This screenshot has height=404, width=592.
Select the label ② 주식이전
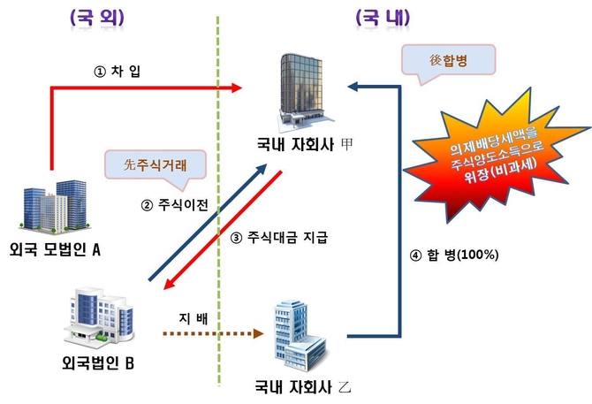[174, 206]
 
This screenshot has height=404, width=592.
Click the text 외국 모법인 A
[55, 249]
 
